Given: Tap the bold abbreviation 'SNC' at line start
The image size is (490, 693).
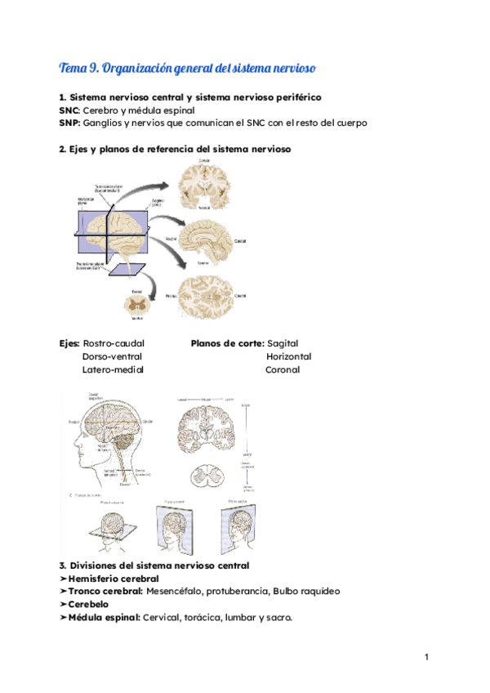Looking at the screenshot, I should (69, 110).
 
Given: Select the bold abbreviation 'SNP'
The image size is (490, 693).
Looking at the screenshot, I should (69, 123).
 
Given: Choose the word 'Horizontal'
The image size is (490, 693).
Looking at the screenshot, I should (288, 356).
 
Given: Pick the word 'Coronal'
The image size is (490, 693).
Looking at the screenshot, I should (283, 369).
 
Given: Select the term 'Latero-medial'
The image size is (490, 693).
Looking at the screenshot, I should (113, 369).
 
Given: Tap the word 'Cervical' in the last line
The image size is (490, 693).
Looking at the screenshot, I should (163, 618).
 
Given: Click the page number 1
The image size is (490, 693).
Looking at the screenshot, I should (426, 658).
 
